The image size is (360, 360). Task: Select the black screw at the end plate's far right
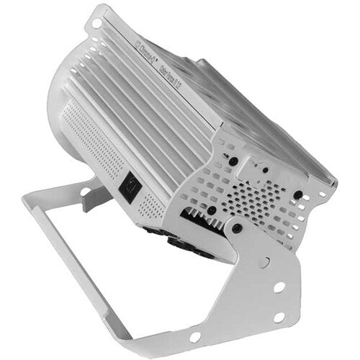pyautogui.click(x=297, y=194)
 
